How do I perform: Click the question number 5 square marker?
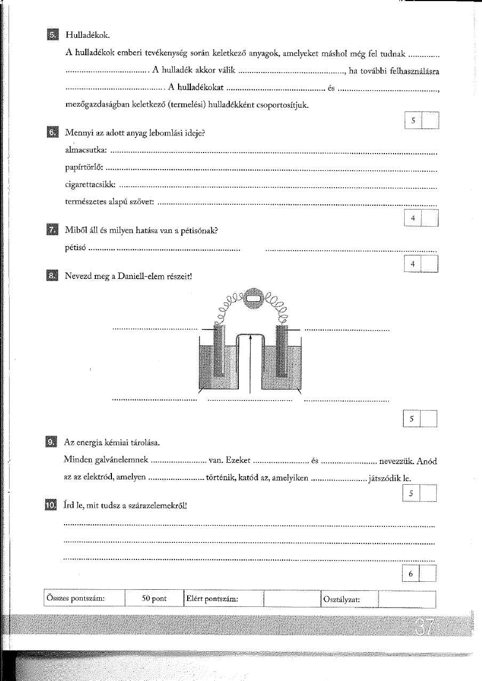coord(52,35)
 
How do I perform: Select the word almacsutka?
coord(85,153)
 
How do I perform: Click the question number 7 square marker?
coord(52,230)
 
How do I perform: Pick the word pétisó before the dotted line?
coord(75,247)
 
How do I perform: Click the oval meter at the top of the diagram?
coord(254,299)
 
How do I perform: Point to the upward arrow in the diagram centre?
coord(250,363)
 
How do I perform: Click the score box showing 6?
coord(411,574)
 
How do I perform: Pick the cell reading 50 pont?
coord(154,599)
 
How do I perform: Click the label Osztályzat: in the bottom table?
coord(342,599)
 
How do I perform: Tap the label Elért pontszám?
coord(212,599)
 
